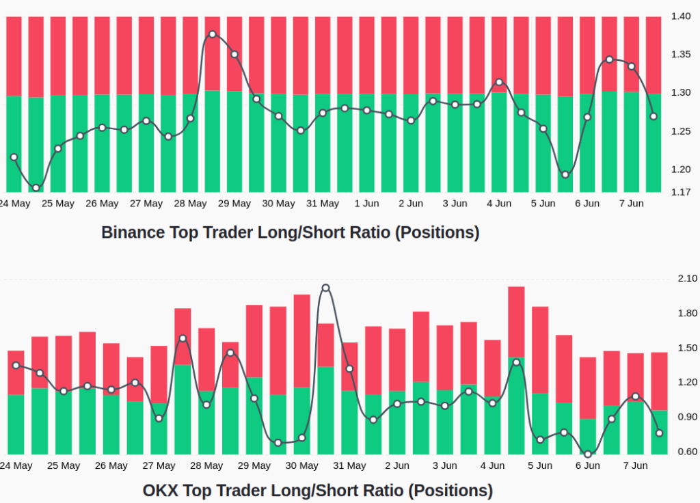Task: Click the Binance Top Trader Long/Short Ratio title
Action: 290,232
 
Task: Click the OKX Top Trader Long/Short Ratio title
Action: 317,490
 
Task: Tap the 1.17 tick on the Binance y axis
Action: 680,192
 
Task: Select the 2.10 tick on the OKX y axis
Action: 687,278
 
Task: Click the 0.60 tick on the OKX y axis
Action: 687,452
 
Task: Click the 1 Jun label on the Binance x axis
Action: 366,204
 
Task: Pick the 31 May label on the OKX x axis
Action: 349,466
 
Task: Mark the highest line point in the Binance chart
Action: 212,34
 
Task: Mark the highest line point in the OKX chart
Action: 325,288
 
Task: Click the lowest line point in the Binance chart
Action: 36,188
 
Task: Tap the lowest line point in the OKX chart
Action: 588,454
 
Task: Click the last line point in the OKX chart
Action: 659,433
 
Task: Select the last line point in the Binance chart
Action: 654,116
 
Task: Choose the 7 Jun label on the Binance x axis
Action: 631,204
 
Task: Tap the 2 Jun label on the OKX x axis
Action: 396,466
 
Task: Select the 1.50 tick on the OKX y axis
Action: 687,348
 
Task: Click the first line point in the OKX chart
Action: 16,365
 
